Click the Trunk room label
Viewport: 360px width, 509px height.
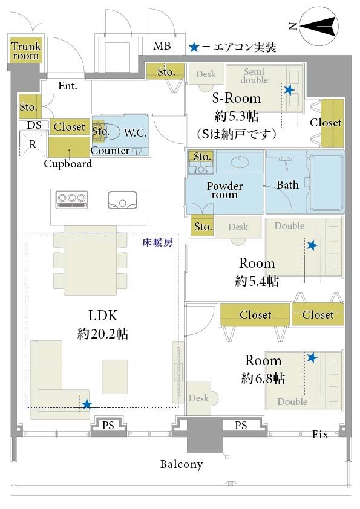(x=25, y=51)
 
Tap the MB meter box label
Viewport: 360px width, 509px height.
(x=162, y=46)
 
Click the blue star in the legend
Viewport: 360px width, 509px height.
(x=194, y=47)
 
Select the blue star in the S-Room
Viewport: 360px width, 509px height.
(x=289, y=89)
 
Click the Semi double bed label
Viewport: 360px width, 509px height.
(x=254, y=76)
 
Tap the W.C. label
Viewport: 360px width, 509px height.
(x=135, y=132)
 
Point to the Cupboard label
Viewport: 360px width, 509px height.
(x=68, y=164)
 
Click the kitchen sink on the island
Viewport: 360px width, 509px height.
(x=122, y=199)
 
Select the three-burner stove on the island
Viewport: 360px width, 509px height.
(x=72, y=199)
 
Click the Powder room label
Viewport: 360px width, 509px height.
(x=224, y=190)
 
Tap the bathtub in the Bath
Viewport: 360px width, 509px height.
(x=327, y=182)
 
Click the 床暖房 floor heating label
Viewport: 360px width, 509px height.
(x=157, y=242)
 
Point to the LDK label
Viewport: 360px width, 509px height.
(x=103, y=315)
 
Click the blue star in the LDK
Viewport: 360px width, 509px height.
(x=87, y=404)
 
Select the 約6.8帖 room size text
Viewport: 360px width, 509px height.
(x=263, y=378)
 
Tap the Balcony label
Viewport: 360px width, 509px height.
(x=182, y=464)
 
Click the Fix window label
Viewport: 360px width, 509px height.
(x=320, y=435)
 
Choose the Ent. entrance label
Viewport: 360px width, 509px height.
(x=68, y=86)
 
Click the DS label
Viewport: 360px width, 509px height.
(x=34, y=125)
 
